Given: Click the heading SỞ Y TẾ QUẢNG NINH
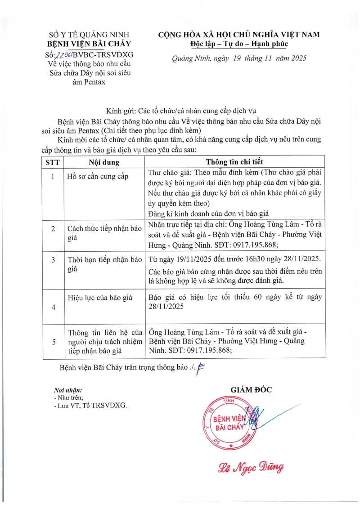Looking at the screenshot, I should [x=89, y=35].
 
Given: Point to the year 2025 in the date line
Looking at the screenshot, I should [x=297, y=58].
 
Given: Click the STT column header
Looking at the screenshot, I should [x=53, y=162].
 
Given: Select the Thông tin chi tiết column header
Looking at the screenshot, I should [x=234, y=162].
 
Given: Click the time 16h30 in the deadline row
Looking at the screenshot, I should [x=258, y=259].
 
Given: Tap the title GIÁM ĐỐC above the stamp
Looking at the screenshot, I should [x=251, y=390].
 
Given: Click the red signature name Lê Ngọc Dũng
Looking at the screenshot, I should [x=251, y=469].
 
